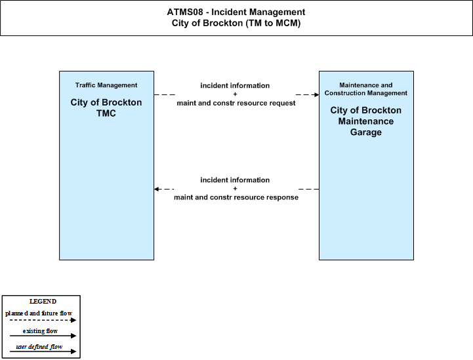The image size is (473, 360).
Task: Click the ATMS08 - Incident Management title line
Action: coord(236,12)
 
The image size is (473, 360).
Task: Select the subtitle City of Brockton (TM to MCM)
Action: coord(236,23)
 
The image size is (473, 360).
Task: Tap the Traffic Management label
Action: coord(106,85)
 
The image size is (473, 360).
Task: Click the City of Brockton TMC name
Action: coord(106,108)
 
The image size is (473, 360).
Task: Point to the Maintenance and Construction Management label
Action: coord(366,89)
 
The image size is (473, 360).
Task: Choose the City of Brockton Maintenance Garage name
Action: coord(366,121)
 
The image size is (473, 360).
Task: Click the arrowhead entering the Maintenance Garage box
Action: coord(317,94)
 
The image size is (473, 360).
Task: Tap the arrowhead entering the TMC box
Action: coord(156,189)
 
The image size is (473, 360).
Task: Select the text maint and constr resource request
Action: coord(236,103)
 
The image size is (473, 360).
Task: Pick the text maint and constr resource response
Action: coord(236,197)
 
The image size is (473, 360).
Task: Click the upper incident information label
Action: coord(235,86)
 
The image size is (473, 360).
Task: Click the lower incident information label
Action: coord(235,180)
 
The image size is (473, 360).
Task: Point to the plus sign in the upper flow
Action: coord(235,94)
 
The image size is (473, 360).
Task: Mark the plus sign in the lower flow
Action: coord(235,188)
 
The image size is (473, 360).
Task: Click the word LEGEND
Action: coord(43,302)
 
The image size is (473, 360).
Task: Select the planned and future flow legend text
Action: coord(39,313)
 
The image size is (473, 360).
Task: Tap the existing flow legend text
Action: coord(40,331)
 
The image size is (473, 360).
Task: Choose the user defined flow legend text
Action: coord(39,347)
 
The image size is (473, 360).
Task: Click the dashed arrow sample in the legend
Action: coord(43,320)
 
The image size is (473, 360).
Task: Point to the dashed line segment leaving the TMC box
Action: coord(165,94)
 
